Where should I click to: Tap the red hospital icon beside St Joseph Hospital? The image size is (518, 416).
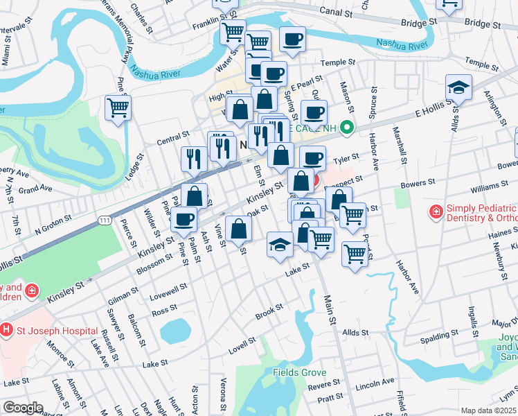point(7,329)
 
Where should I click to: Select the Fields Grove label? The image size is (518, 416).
point(299,372)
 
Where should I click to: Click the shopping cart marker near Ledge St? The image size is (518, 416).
point(118,108)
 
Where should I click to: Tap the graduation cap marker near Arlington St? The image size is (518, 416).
point(458,87)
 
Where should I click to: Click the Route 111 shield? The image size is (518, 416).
point(105,220)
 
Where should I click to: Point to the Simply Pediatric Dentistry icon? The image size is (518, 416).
point(436,211)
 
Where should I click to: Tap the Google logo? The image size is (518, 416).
point(22,408)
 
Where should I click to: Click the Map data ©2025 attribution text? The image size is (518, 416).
point(489,410)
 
